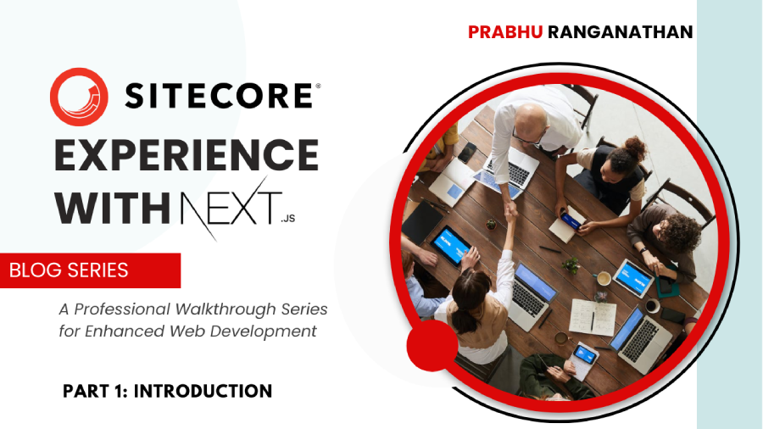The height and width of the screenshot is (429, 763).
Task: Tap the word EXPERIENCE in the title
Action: [187, 157]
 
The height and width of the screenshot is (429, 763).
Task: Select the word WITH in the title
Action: [114, 209]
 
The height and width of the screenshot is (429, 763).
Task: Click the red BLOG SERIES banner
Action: [89, 270]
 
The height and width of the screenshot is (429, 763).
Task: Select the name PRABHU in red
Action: [506, 32]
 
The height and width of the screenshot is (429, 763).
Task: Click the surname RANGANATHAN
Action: [620, 32]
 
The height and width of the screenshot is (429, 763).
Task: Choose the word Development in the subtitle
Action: [269, 331]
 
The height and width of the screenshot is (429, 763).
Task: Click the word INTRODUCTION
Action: [203, 391]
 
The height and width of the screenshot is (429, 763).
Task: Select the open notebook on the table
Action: [591, 317]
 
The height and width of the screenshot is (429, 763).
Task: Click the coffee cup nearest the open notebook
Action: [604, 278]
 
